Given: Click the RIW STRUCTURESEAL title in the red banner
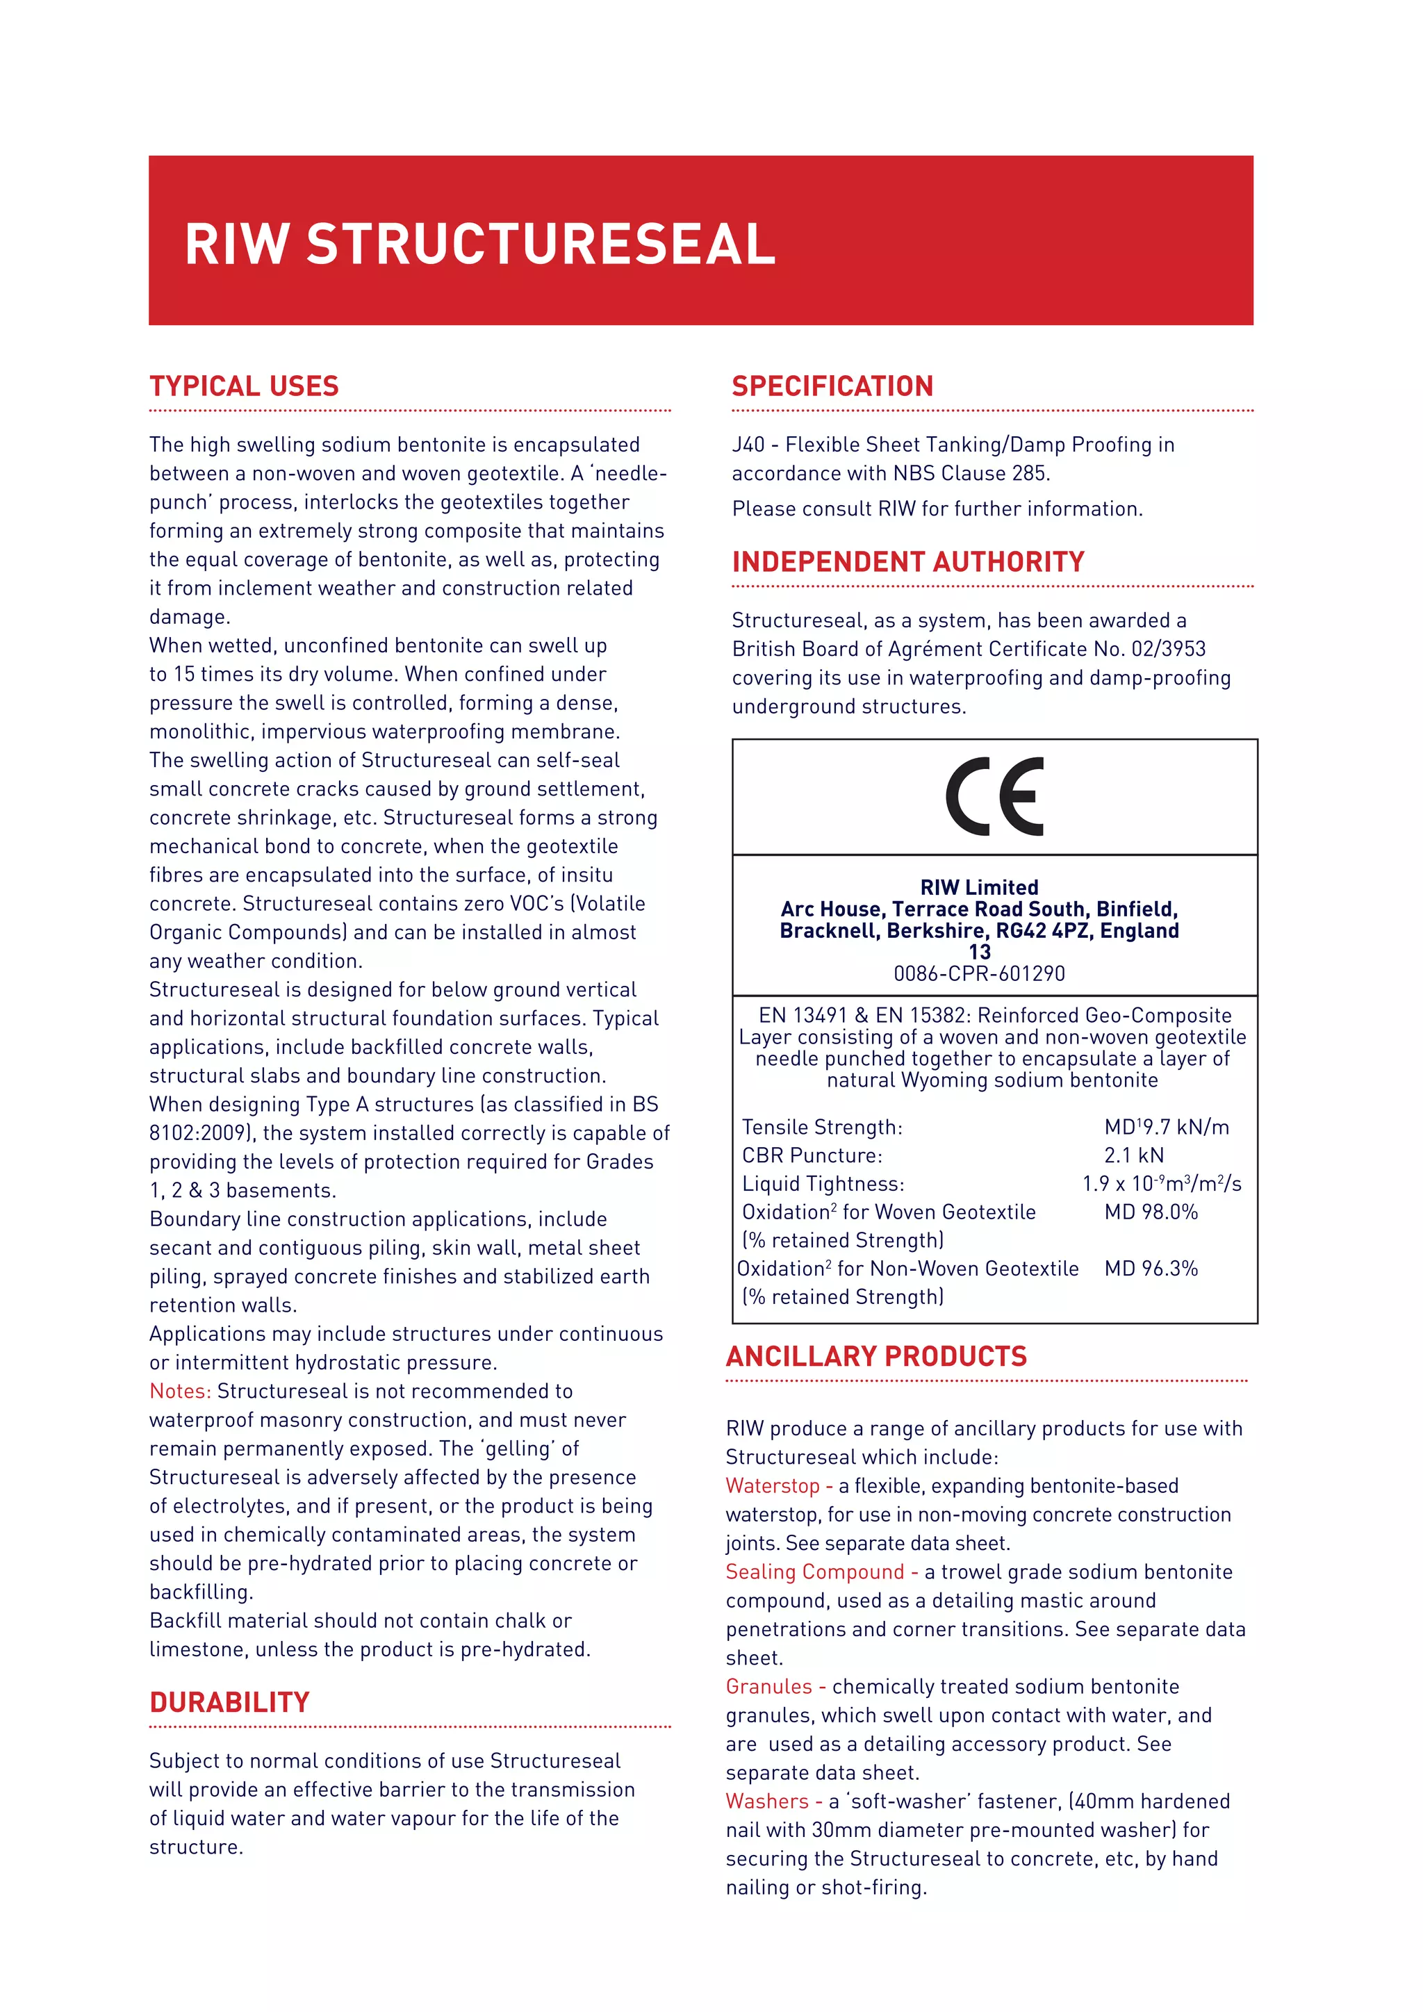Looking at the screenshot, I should click(x=479, y=244).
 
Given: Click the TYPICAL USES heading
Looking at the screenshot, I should click(x=244, y=386).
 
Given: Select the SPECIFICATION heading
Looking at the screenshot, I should click(x=832, y=386).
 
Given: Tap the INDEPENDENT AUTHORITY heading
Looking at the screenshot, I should click(x=907, y=562).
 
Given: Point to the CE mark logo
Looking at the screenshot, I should click(x=994, y=797).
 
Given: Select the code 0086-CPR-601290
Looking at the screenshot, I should click(x=979, y=973).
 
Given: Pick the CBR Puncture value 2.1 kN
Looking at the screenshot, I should click(x=1134, y=1155).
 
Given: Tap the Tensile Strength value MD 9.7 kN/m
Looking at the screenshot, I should click(x=1167, y=1127).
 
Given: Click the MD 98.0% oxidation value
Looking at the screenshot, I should click(x=1151, y=1212).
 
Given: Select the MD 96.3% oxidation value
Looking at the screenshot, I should click(x=1151, y=1268).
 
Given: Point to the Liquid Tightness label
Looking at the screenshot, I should click(x=823, y=1184).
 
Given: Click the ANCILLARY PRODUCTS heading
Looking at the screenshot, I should click(x=875, y=1357).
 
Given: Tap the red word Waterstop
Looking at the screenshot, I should click(x=772, y=1486).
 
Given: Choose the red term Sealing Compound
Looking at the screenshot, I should click(x=814, y=1572).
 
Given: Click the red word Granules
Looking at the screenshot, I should click(x=768, y=1687).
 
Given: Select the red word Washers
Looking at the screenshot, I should click(x=766, y=1801).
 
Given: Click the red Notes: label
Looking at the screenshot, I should click(x=180, y=1392).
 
